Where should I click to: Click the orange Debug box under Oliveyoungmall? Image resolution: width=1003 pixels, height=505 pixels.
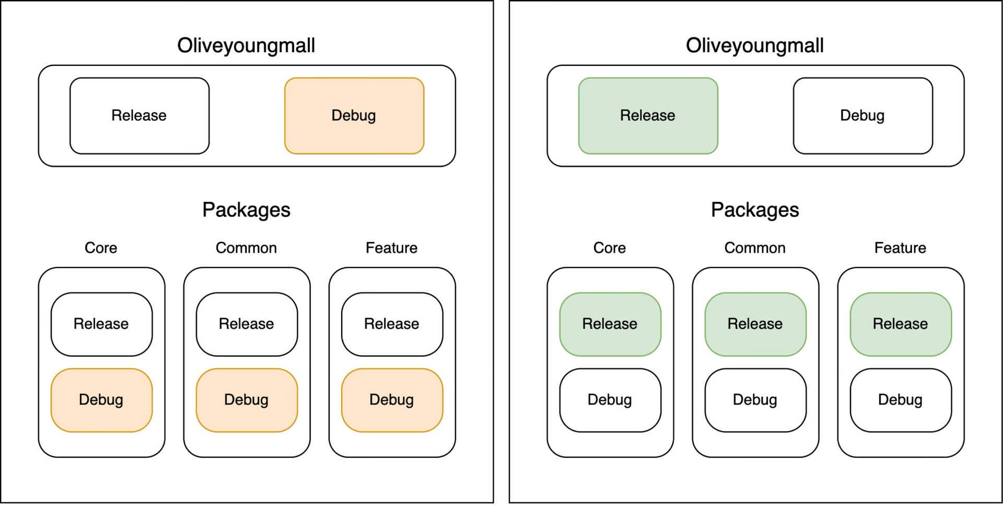354,116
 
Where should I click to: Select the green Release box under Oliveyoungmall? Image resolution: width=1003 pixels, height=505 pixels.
648,116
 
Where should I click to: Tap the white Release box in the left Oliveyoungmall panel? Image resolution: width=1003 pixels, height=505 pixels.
139,116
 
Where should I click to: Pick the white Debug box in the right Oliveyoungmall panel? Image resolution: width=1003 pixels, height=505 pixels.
862,116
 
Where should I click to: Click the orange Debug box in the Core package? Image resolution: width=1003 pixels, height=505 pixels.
101,400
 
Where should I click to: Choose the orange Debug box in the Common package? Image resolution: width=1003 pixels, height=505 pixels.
247,400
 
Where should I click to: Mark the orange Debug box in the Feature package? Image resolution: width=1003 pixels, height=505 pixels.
392,400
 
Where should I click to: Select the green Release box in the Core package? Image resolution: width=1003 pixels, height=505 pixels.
610,324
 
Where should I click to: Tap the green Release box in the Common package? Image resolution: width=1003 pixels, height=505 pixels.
755,324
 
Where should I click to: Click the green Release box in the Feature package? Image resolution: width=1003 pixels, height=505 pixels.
901,324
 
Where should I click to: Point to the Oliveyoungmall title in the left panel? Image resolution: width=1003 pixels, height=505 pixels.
246,45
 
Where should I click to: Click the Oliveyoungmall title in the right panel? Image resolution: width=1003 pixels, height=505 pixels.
755,45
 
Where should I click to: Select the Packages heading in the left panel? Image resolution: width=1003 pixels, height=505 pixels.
246,210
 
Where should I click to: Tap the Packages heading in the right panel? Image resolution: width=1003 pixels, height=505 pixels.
755,210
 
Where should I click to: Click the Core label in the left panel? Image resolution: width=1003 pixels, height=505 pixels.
101,248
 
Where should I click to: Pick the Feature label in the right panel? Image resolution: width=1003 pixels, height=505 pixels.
900,248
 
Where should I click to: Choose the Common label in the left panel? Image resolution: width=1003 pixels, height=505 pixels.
246,248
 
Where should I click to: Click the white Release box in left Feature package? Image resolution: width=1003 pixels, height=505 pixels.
392,324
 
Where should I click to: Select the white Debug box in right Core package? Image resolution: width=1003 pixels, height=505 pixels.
610,400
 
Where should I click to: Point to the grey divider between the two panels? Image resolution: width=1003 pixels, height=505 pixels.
501,252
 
